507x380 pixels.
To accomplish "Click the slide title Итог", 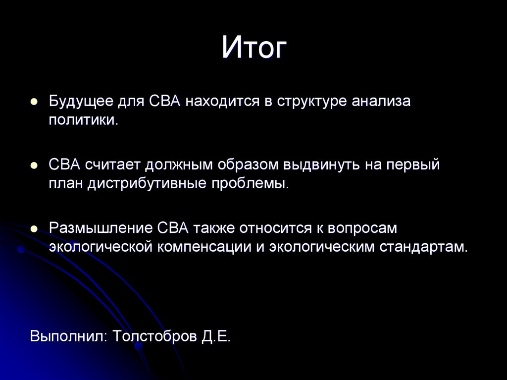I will click(x=254, y=48).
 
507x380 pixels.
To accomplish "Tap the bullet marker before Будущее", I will click(x=34, y=102).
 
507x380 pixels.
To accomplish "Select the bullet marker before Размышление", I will click(x=34, y=228).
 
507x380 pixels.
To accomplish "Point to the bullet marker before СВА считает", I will click(x=34, y=165).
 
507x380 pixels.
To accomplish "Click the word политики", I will click(x=83, y=120).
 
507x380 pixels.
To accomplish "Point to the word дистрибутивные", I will click(x=148, y=184).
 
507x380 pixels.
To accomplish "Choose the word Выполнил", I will click(x=67, y=336).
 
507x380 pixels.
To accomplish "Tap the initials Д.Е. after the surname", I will click(x=216, y=336).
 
